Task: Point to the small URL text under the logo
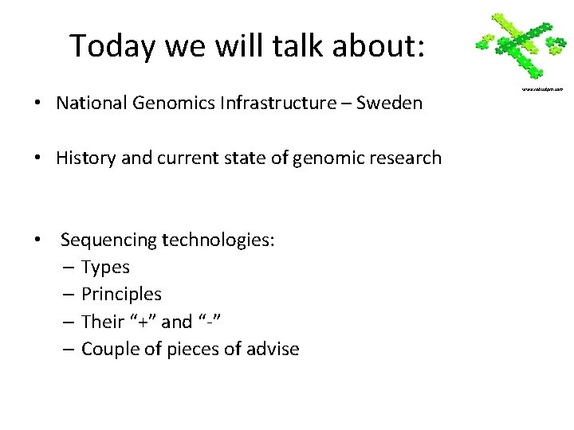[542, 89]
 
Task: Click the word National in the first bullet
[89, 104]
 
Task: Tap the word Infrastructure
[272, 104]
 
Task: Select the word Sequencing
[109, 240]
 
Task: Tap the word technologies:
[218, 240]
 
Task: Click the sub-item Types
[105, 267]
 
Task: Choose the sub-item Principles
[121, 294]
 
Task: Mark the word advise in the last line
[274, 348]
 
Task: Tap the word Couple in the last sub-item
[108, 348]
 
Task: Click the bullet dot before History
[38, 158]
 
